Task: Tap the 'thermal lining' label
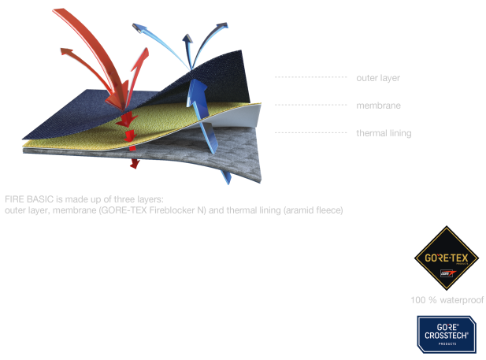384,133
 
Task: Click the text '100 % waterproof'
447,300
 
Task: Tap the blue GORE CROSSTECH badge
446,332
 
